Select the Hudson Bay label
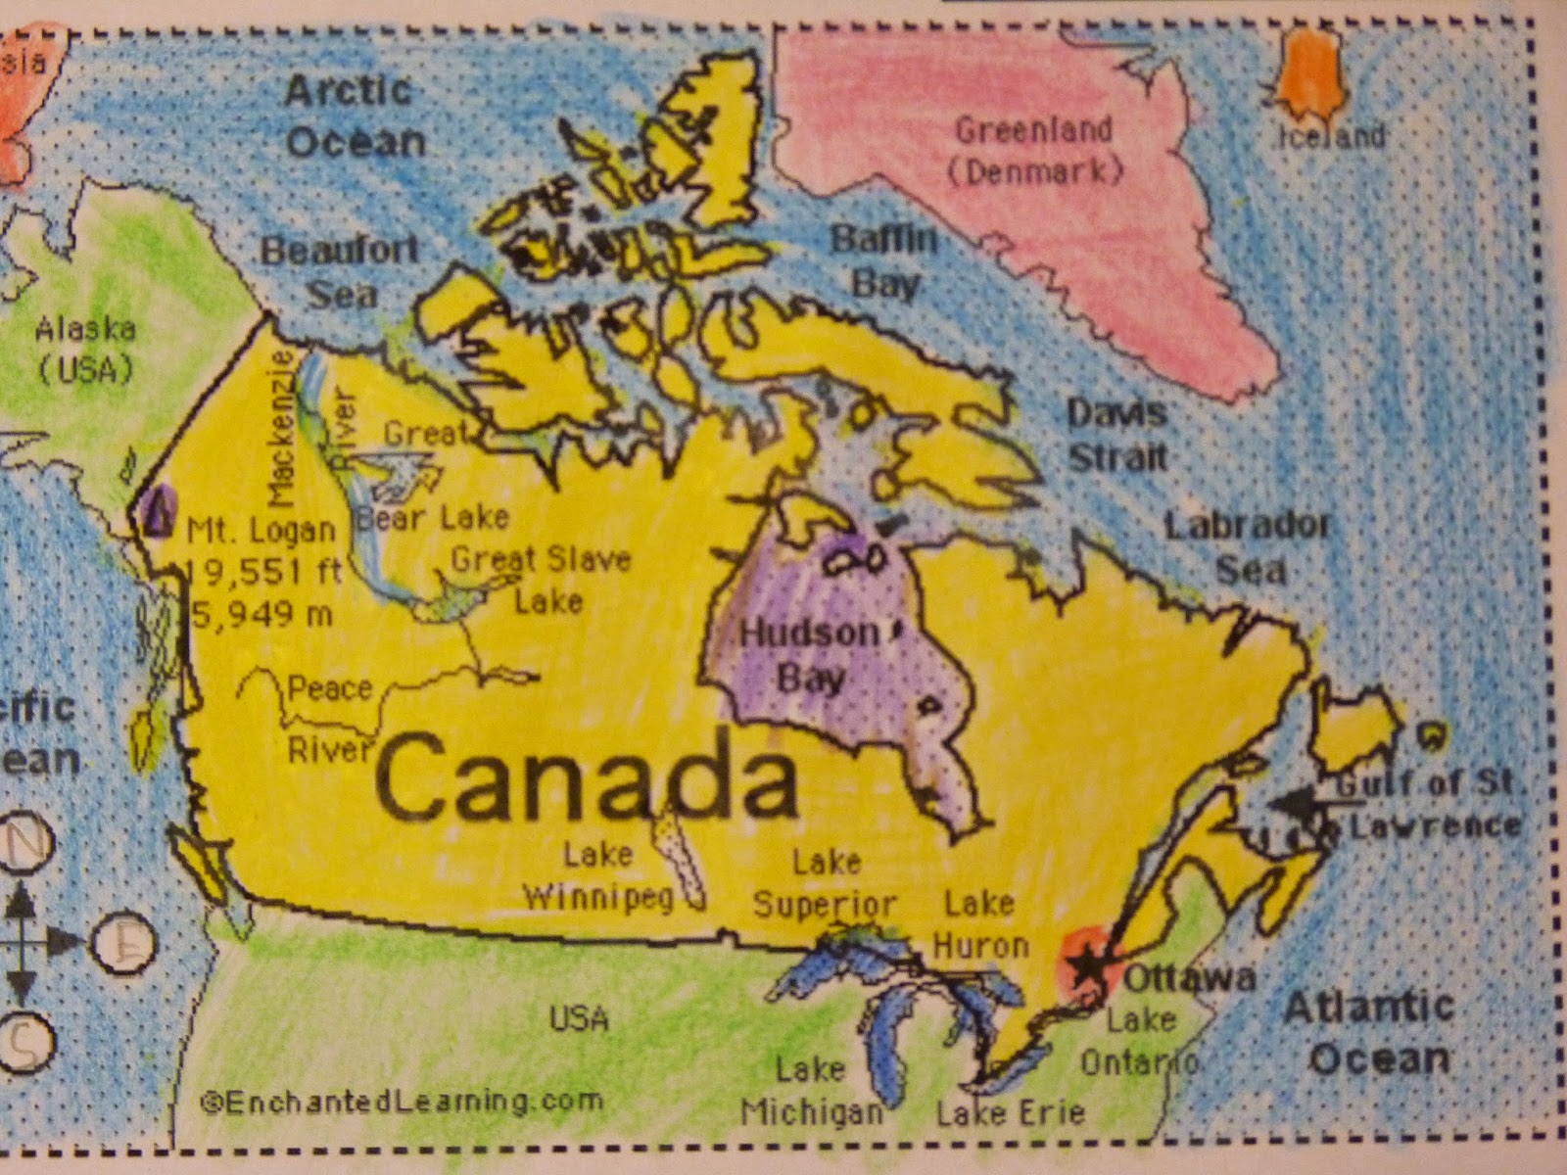point(808,654)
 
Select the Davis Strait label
point(1116,434)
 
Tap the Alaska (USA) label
point(85,349)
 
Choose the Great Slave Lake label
point(542,578)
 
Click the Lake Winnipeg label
point(598,876)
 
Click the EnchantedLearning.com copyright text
point(402,1101)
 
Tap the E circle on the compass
point(124,942)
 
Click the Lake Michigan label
point(812,1091)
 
